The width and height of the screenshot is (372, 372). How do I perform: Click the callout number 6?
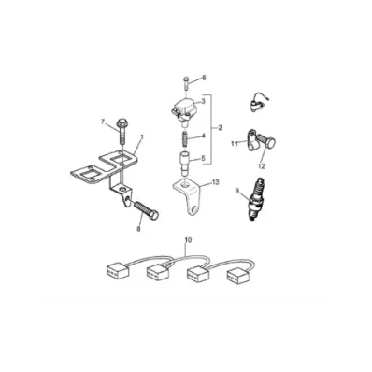click(204, 78)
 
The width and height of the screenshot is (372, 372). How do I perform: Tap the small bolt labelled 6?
click(186, 82)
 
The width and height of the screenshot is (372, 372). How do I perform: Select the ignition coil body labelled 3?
click(185, 109)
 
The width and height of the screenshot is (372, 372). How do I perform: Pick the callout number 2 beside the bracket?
click(220, 128)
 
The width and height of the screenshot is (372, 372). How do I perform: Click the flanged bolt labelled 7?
click(122, 131)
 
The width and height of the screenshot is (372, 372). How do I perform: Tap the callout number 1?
click(142, 137)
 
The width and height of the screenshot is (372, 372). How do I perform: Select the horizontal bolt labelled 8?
click(146, 210)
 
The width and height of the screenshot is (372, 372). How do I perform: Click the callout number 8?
click(138, 229)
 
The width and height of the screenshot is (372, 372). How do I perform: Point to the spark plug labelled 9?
click(257, 199)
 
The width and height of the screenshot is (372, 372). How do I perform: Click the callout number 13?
click(216, 182)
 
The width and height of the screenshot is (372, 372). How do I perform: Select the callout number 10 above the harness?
click(188, 240)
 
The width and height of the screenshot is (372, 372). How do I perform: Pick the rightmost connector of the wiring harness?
click(238, 276)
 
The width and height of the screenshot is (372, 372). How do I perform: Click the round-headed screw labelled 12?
click(265, 142)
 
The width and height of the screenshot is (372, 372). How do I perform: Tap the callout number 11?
click(235, 143)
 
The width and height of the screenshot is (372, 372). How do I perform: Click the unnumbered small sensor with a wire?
click(258, 102)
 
